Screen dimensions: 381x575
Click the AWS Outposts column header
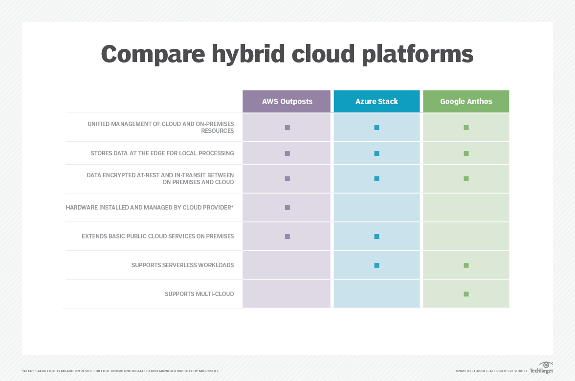[x=287, y=102]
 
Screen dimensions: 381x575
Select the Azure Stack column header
[x=376, y=102]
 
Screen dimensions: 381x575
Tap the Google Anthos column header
[x=466, y=102]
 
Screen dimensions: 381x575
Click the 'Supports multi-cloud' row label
[x=199, y=294]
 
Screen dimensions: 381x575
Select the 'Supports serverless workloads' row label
[x=182, y=265]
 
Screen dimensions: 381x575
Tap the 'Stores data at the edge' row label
[x=162, y=153]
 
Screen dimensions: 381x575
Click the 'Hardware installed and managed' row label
[x=150, y=208]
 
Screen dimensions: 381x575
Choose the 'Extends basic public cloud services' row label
[x=157, y=236]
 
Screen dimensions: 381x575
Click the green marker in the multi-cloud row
[x=466, y=294]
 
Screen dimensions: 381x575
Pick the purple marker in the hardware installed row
[x=287, y=208]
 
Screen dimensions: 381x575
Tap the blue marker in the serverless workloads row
[x=376, y=265]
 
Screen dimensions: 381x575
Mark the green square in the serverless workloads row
[x=466, y=265]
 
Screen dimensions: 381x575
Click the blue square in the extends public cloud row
[x=376, y=236]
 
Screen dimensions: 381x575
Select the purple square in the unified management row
[x=287, y=127]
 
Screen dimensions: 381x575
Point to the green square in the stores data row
[x=466, y=153]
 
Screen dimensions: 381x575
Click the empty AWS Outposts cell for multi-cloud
[x=287, y=294]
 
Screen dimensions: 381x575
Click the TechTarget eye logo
[x=546, y=365]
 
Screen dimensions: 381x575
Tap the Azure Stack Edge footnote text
[x=120, y=371]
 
